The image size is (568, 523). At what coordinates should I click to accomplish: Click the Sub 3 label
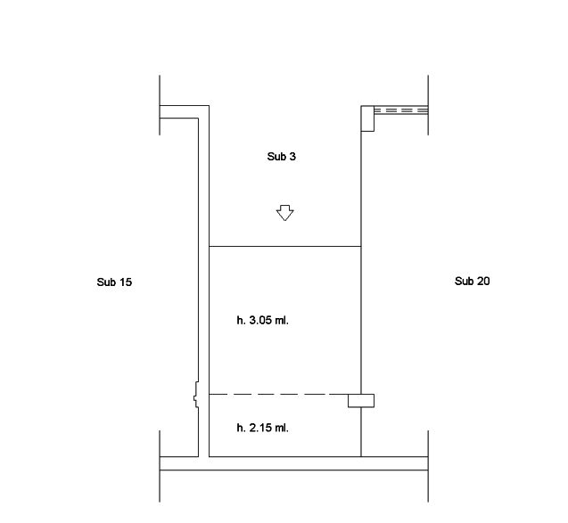282,157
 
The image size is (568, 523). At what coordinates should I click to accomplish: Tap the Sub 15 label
114,282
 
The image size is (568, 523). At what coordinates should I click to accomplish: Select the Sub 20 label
473,282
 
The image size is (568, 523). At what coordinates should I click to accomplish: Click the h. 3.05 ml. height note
263,321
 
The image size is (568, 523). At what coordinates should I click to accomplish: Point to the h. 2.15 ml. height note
263,428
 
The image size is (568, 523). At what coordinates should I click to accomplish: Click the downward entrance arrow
285,213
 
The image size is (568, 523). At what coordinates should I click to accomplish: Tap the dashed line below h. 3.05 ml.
278,394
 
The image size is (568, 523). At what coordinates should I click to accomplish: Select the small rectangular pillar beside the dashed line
361,401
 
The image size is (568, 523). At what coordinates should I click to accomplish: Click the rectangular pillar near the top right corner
367,118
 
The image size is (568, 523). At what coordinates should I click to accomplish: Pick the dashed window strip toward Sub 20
401,110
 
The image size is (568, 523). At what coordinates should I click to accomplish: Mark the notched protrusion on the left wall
196,395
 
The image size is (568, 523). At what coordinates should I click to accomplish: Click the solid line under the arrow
285,246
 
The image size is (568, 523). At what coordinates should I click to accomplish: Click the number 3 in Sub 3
292,157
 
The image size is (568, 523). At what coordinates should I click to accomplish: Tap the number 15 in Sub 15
126,282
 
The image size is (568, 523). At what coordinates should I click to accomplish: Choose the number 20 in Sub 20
483,282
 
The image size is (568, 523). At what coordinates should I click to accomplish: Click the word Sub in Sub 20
464,282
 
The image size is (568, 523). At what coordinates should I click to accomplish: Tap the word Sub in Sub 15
106,282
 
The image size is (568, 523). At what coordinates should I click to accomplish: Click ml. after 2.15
282,428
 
